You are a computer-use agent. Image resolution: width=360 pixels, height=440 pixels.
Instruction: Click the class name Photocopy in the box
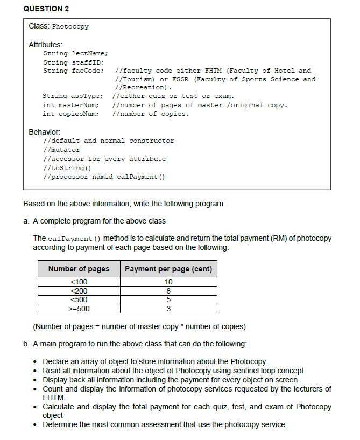pos(70,26)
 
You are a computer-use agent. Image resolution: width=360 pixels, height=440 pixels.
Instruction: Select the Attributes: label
pos(45,45)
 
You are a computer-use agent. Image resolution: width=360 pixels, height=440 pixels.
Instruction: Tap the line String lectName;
pos(75,53)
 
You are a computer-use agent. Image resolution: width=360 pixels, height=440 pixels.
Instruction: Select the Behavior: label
pos(44,132)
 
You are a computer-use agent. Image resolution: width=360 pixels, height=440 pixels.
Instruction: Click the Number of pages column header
pos(79,269)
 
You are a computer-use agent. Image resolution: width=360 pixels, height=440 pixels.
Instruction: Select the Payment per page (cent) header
pos(168,269)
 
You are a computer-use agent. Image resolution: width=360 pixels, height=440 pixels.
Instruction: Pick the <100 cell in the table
pos(79,282)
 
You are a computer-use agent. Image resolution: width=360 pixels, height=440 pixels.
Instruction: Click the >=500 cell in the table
pos(79,309)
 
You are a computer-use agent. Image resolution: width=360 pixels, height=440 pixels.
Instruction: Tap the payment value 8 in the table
pos(168,291)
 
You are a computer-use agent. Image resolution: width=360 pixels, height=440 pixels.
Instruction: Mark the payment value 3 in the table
pos(168,309)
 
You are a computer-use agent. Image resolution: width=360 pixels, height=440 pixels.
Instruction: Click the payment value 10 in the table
pos(168,282)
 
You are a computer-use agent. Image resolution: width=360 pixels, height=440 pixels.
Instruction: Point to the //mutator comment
pos(61,150)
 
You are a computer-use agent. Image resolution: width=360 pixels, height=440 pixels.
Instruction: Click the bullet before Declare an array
pos(35,361)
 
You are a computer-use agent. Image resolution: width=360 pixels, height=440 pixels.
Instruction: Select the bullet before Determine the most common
pos(35,425)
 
